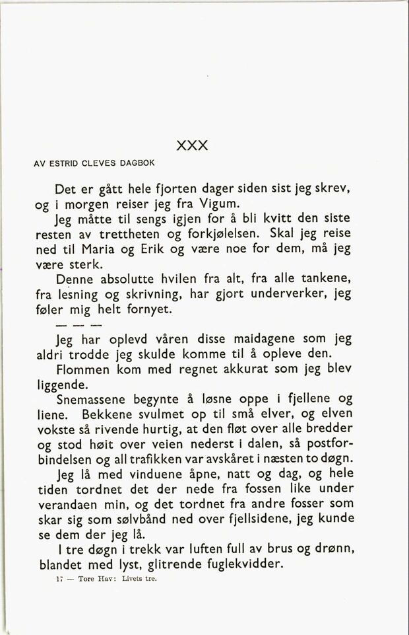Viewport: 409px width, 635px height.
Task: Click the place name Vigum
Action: [x=205, y=204]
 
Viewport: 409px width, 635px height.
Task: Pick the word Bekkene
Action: [x=105, y=414]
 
